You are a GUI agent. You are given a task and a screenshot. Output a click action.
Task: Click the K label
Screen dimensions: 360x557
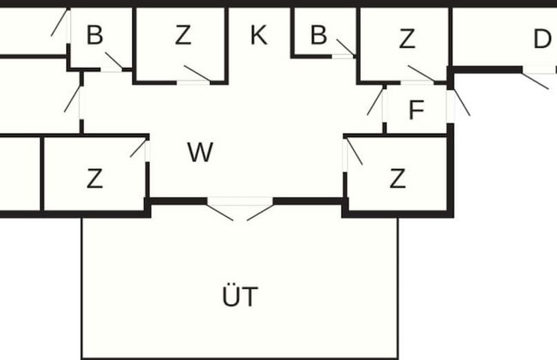pyautogui.click(x=258, y=36)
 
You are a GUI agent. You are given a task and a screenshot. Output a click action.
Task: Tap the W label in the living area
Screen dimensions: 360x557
pyautogui.click(x=200, y=153)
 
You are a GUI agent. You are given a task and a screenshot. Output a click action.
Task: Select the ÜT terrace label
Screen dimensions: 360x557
pyautogui.click(x=239, y=298)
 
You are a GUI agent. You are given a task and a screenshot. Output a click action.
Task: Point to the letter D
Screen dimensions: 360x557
pyautogui.click(x=542, y=39)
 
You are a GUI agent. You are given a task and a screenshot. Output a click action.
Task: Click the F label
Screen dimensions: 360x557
pyautogui.click(x=416, y=111)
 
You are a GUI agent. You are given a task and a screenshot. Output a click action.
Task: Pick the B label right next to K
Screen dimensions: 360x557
pyautogui.click(x=319, y=36)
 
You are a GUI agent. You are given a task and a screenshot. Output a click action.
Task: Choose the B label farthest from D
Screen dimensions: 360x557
pyautogui.click(x=94, y=36)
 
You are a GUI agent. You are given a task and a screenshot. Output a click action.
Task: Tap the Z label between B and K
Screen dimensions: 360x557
pyautogui.click(x=183, y=36)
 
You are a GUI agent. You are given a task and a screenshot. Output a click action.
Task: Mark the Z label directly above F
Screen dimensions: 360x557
pyautogui.click(x=406, y=39)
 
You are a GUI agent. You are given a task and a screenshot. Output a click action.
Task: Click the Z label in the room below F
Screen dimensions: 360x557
pyautogui.click(x=397, y=179)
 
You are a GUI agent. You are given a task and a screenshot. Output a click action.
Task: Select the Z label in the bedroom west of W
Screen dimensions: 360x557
pyautogui.click(x=94, y=179)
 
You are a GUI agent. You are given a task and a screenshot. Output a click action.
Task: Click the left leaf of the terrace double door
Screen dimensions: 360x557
pyautogui.click(x=222, y=210)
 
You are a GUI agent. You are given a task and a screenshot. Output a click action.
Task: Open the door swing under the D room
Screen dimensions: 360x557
pyautogui.click(x=536, y=78)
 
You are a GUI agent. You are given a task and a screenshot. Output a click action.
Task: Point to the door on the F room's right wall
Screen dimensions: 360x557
pyautogui.click(x=459, y=102)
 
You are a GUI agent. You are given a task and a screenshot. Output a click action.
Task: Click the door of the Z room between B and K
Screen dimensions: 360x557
pyautogui.click(x=197, y=74)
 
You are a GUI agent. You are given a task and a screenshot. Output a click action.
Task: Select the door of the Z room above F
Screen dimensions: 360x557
pyautogui.click(x=421, y=73)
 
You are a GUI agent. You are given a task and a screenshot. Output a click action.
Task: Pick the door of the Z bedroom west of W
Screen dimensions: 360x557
pyautogui.click(x=138, y=147)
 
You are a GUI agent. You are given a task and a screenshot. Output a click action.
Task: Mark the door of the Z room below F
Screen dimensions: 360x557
pyautogui.click(x=353, y=151)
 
